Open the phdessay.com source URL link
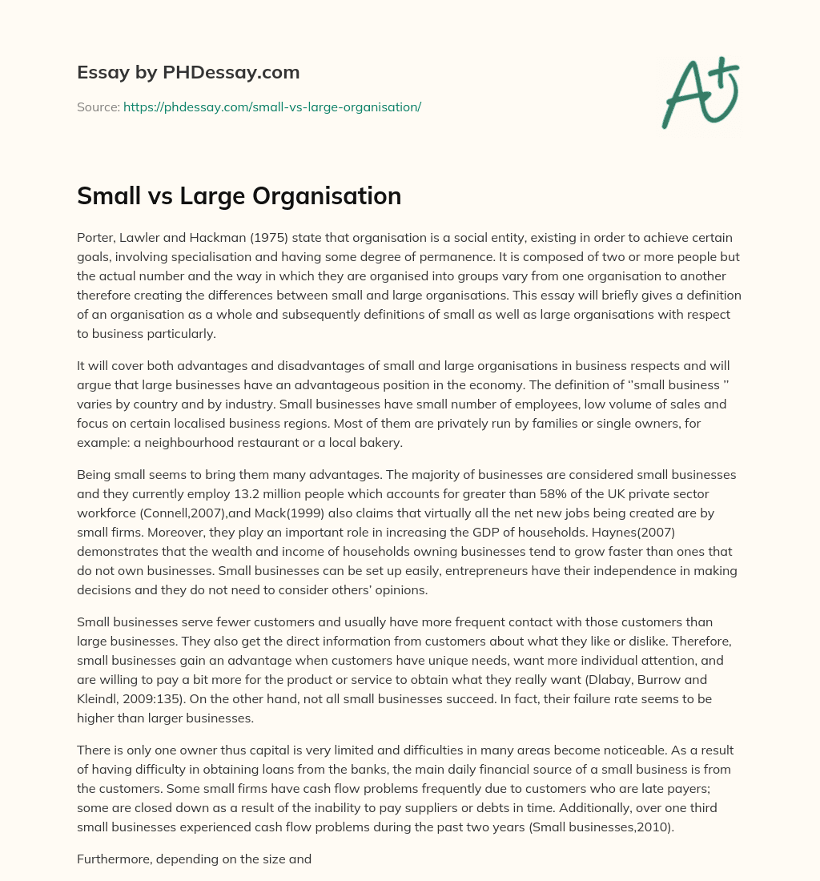271,107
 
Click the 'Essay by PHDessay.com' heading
188,73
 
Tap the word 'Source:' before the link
98,107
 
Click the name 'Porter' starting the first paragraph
97,238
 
